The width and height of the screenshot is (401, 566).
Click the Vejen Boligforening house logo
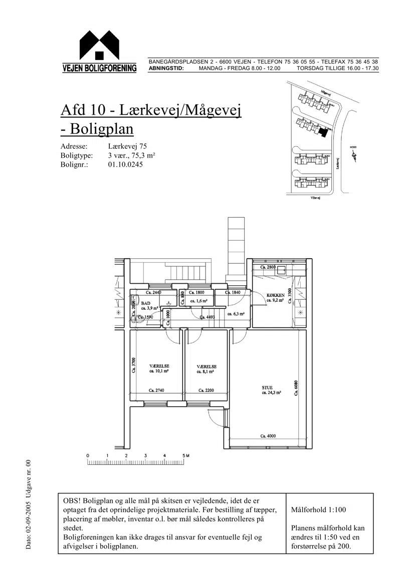point(99,48)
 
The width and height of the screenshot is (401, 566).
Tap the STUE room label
point(267,387)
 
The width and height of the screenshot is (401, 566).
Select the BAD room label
point(145,303)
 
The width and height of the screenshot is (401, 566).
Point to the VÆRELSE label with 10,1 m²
point(158,366)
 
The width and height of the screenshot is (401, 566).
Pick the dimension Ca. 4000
point(268,436)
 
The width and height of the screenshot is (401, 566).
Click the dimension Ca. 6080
point(296,388)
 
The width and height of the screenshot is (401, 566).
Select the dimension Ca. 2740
point(157,390)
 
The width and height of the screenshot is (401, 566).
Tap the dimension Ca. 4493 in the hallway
point(208,317)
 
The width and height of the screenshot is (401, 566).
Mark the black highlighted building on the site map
point(323,132)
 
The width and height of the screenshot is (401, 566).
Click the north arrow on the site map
point(355,156)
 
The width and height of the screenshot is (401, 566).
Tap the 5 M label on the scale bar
point(186,455)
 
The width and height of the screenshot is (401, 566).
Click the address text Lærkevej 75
point(127,147)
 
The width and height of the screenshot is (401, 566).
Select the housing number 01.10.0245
point(125,164)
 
